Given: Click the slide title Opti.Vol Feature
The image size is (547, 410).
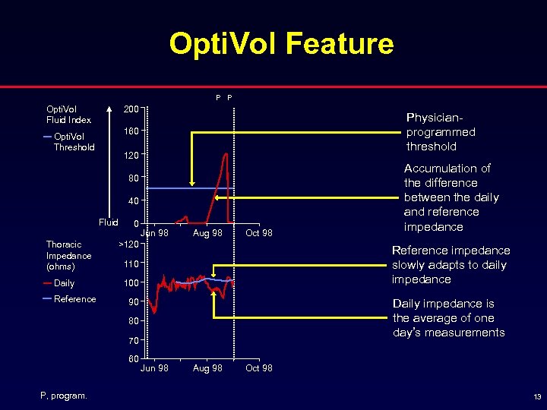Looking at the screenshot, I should pyautogui.click(x=281, y=44).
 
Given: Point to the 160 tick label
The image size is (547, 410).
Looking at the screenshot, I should pyautogui.click(x=132, y=131).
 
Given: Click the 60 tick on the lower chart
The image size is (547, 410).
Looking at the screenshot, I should pyautogui.click(x=134, y=358).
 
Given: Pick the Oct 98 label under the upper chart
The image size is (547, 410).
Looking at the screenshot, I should pyautogui.click(x=258, y=233).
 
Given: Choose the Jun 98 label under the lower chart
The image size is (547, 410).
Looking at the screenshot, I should pyautogui.click(x=155, y=368).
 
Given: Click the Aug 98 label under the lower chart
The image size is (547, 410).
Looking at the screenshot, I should pyautogui.click(x=207, y=368).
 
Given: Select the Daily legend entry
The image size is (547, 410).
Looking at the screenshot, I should pyautogui.click(x=64, y=283).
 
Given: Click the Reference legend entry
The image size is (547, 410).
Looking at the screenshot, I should pyautogui.click(x=74, y=299).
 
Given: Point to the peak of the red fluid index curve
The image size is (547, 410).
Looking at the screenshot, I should pyautogui.click(x=226, y=154).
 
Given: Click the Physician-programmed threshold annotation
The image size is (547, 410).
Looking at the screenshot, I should pyautogui.click(x=441, y=132).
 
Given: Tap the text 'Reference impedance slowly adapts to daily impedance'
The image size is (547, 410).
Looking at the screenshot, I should pyautogui.click(x=451, y=264).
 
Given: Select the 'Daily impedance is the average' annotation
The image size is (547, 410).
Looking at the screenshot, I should pyautogui.click(x=448, y=318).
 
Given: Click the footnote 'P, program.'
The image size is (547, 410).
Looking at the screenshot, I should pyautogui.click(x=64, y=395).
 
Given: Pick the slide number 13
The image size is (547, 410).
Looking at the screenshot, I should pyautogui.click(x=536, y=397).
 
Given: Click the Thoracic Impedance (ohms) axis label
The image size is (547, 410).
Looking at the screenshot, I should pyautogui.click(x=68, y=255).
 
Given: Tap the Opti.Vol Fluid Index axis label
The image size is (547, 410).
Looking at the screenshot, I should pyautogui.click(x=68, y=114).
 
